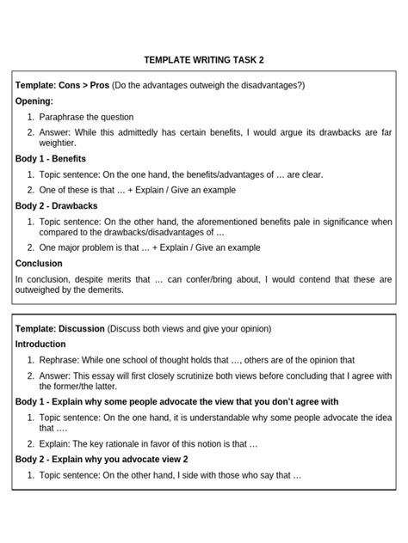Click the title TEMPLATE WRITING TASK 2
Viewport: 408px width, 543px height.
click(x=204, y=60)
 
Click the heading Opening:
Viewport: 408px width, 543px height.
click(x=34, y=101)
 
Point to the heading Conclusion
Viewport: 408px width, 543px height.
click(x=39, y=264)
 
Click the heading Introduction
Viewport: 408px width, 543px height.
click(x=41, y=345)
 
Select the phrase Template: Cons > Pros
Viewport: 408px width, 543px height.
click(x=59, y=86)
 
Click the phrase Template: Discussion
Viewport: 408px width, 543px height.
click(x=59, y=329)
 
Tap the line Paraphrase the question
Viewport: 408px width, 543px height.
click(x=86, y=117)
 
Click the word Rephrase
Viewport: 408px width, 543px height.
click(x=59, y=361)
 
